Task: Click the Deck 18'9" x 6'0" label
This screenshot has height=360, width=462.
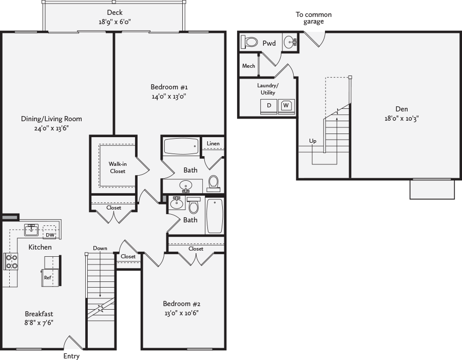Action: click(x=114, y=17)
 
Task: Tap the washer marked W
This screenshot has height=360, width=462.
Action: click(x=286, y=105)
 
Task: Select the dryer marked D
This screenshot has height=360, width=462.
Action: click(x=268, y=105)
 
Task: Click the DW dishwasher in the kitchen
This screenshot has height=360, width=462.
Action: click(x=50, y=234)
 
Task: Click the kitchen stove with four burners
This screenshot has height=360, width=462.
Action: click(x=11, y=261)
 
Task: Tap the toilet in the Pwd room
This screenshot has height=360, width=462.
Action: click(x=250, y=42)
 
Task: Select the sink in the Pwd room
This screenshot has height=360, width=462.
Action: click(x=290, y=42)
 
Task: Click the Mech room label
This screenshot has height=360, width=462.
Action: click(x=248, y=66)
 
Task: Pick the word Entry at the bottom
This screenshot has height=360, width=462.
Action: click(x=71, y=356)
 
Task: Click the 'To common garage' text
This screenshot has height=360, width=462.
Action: click(x=313, y=18)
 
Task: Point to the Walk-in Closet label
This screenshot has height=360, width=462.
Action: click(x=118, y=167)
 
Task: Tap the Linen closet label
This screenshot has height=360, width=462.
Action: click(x=213, y=143)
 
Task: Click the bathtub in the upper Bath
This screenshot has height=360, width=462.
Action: click(x=181, y=146)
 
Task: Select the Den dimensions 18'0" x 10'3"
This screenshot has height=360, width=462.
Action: click(x=401, y=118)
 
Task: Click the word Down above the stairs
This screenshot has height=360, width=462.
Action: click(x=100, y=248)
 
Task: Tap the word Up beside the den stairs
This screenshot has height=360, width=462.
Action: click(x=312, y=141)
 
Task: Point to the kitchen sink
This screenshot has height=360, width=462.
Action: click(x=32, y=229)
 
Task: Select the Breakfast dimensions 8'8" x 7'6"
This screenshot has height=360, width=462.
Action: click(x=38, y=323)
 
